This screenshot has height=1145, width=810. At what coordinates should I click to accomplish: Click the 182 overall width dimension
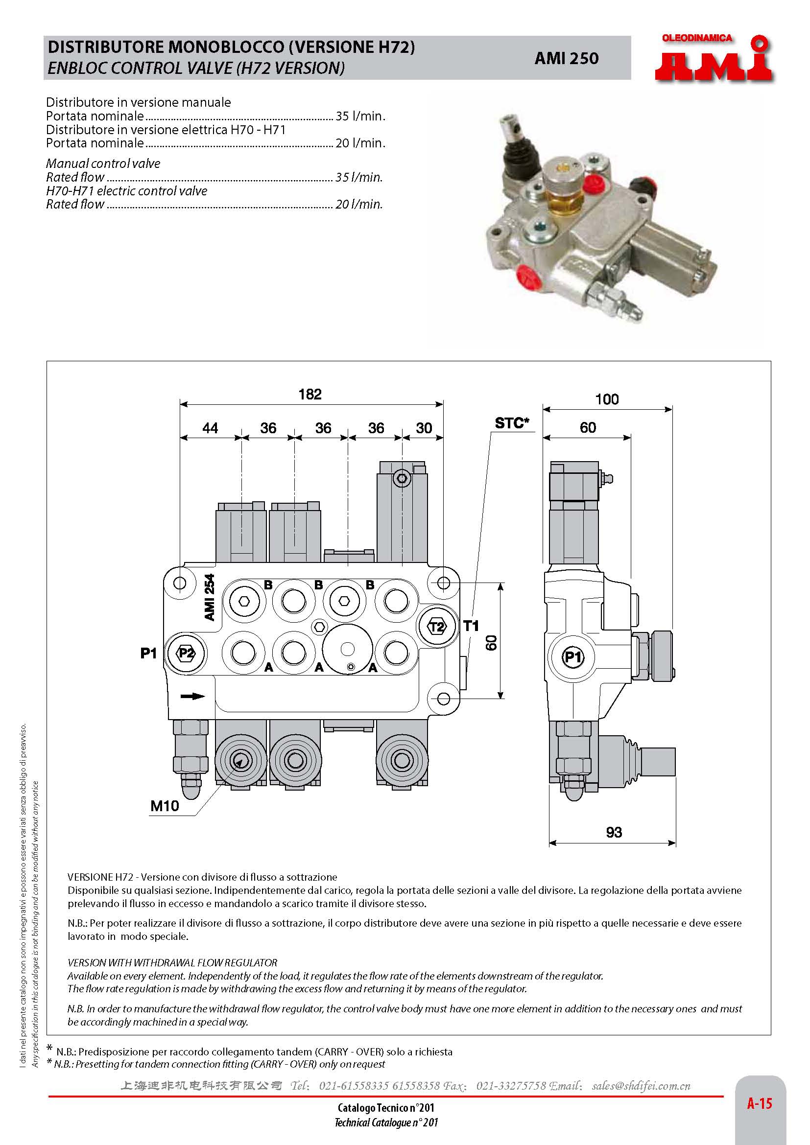click(x=310, y=395)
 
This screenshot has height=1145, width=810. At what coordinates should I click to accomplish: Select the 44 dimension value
click(x=210, y=428)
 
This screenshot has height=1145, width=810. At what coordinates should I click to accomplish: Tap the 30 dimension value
click(x=424, y=428)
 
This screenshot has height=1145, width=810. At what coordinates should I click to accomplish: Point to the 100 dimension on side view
click(x=606, y=399)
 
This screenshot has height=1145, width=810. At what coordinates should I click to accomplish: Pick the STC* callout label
click(x=511, y=423)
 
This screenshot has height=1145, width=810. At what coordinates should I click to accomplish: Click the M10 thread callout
click(x=165, y=806)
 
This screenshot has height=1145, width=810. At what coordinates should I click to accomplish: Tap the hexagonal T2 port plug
click(x=437, y=627)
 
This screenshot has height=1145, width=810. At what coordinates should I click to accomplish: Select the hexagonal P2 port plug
click(x=186, y=654)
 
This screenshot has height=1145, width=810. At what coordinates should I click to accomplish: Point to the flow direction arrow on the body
click(x=192, y=696)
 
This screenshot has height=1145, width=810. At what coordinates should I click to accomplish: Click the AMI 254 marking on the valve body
click(x=210, y=597)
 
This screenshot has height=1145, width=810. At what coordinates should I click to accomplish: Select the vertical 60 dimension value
click(x=491, y=642)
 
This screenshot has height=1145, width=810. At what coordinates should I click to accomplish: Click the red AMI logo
click(x=714, y=60)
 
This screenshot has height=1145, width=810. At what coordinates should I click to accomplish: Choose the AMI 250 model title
click(x=566, y=58)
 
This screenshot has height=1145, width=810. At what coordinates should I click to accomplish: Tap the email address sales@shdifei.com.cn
click(x=641, y=1086)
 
